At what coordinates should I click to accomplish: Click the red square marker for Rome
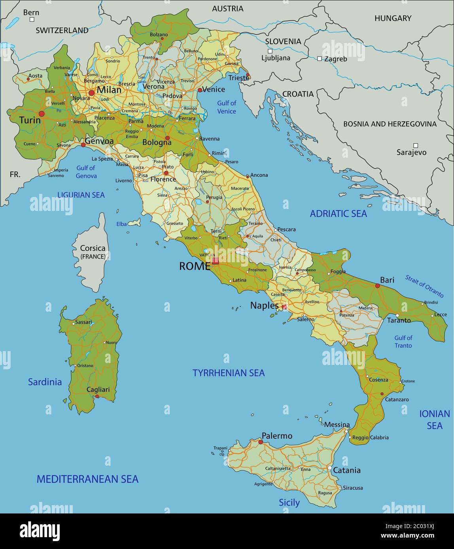point(215,261)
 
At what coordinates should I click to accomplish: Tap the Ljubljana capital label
point(276,58)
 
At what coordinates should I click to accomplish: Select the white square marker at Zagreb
point(320,58)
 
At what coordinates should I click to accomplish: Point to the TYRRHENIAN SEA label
point(229,373)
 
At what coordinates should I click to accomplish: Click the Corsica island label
point(93,248)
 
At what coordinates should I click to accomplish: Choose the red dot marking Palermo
point(260,442)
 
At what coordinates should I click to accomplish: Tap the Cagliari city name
point(98,389)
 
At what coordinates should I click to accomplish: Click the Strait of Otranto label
point(424,286)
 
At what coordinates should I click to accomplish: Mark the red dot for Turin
point(42,114)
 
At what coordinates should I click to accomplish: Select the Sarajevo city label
point(412,152)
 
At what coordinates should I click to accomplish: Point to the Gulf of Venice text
point(227,107)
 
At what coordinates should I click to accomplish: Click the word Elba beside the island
point(121,224)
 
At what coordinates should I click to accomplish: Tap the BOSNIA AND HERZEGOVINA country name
point(390,124)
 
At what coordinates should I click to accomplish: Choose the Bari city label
point(387,280)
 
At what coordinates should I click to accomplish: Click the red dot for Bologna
point(167,138)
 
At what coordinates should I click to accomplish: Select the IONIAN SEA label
point(435,419)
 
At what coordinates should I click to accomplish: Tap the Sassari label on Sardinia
point(83,322)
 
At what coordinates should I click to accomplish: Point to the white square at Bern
point(32,19)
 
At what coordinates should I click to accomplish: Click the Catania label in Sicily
point(347,470)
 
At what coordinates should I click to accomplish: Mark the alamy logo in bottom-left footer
point(40,531)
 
